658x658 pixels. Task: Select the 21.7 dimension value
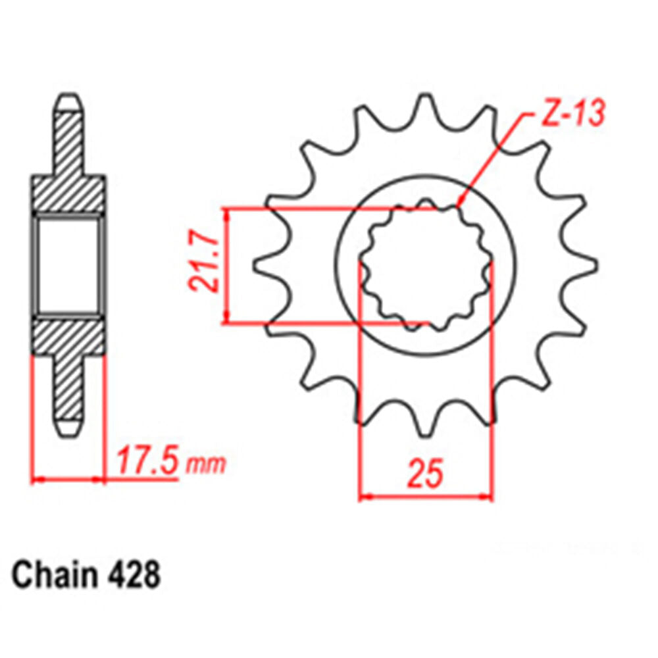pos(203,266)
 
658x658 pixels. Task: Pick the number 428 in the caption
pos(132,576)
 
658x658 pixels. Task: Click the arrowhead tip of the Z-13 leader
pos(459,206)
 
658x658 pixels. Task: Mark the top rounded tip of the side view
pos(69,103)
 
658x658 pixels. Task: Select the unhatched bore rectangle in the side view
pos(68,266)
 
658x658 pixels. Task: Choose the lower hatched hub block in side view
pos(68,337)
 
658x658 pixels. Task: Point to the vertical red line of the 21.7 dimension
pos(226,266)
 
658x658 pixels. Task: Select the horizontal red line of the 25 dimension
pos(425,497)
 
